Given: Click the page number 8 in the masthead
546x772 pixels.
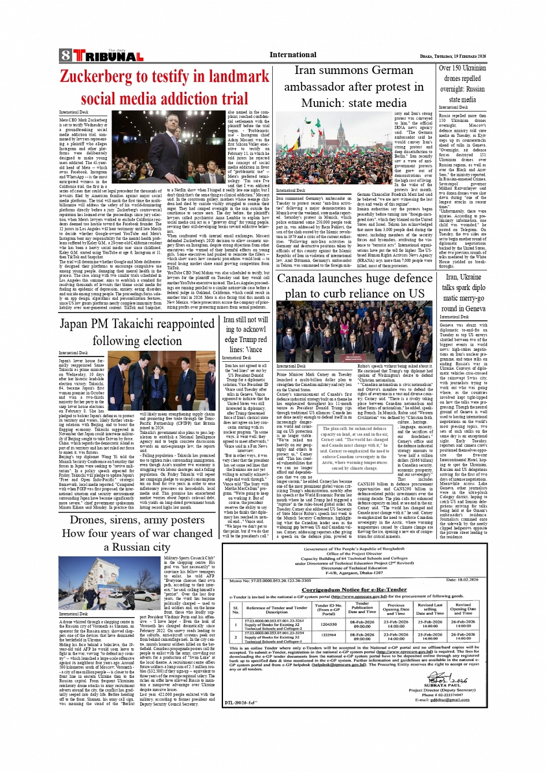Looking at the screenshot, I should [65, 55].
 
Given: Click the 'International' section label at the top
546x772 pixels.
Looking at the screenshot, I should [293, 55].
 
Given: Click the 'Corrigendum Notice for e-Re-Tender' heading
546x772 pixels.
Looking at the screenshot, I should [354, 589].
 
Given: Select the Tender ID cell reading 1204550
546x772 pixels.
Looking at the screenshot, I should [328, 624].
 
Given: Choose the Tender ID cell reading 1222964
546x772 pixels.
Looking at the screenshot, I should [328, 635].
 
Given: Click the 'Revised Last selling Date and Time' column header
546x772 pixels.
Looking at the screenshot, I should [430, 609].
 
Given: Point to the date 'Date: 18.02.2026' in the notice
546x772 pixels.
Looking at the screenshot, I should [460, 580].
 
